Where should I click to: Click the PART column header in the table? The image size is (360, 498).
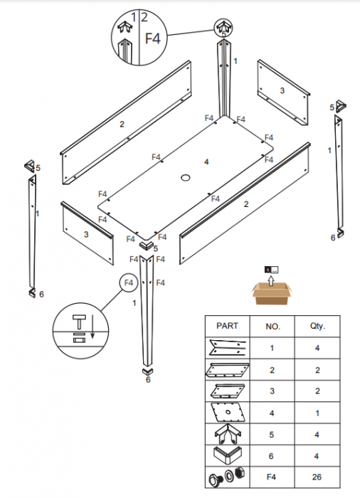227,327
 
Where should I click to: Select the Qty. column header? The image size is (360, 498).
317,327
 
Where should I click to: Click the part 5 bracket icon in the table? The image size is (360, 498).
227,431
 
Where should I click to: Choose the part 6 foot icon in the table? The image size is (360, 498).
227,455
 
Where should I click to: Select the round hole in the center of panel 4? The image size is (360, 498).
186,176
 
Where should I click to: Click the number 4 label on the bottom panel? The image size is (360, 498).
206,162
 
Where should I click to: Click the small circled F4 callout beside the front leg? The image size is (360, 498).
129,283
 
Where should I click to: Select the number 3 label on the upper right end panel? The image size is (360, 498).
282,90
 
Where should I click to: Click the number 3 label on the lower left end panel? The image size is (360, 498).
86,233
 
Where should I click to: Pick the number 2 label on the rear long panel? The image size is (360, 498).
122,124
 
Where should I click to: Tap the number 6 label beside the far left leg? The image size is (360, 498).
41,294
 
